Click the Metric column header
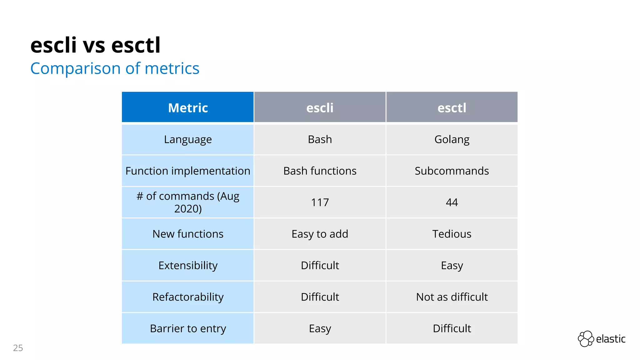point(188,108)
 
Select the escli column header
point(320,108)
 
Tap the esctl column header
point(452,108)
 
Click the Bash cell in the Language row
point(320,139)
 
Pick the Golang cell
point(452,139)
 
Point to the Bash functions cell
point(320,171)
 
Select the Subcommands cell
point(452,171)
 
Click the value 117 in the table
point(320,202)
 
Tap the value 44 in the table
point(452,202)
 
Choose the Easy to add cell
point(320,234)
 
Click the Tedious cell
point(452,234)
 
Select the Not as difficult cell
point(452,297)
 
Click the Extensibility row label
point(188,266)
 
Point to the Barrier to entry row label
point(188,329)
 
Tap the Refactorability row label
point(188,297)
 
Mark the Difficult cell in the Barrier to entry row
point(452,329)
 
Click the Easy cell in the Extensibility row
point(452,266)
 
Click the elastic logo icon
point(586,339)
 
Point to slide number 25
point(18,348)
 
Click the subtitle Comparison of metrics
point(115,68)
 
